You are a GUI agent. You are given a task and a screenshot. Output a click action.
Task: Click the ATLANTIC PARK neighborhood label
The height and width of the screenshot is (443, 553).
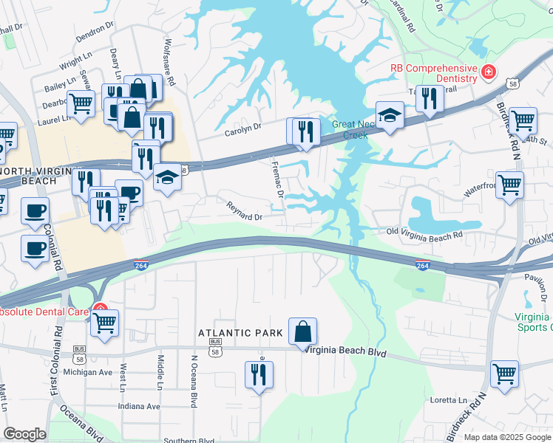coord(240,334)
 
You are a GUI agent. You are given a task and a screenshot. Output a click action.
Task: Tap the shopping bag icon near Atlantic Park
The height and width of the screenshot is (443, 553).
coord(303,331)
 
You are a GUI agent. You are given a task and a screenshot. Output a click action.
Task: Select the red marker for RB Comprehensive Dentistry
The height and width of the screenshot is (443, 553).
coord(488,72)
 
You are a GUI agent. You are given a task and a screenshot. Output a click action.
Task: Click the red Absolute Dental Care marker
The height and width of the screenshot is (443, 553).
coord(98,311)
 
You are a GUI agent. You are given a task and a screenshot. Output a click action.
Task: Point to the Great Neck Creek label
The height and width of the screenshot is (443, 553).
coord(350,130)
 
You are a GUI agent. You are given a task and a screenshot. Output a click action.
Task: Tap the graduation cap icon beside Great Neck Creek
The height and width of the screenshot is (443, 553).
coord(390,115)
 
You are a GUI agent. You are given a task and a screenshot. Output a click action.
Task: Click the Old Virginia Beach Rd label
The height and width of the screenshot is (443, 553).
coord(425,234)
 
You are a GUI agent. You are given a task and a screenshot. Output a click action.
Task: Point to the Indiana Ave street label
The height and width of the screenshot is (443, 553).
coord(139,406)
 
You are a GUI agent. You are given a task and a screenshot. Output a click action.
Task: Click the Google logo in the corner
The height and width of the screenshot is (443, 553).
coord(24,434)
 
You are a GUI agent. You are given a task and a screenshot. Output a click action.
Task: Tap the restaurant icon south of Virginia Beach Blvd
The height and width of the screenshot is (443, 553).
coord(259,374)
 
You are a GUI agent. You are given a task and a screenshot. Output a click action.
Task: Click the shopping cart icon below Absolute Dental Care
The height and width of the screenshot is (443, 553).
coord(105,322)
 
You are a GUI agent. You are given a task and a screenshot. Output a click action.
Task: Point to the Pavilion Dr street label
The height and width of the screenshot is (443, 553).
coord(523,278)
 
